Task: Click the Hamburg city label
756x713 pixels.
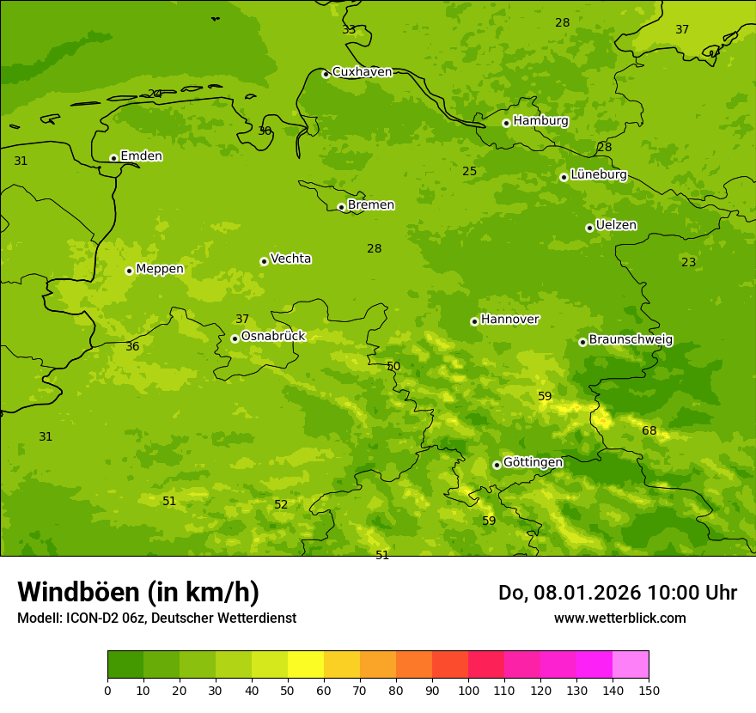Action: pyautogui.click(x=540, y=121)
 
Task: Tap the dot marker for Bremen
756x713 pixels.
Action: pyautogui.click(x=341, y=207)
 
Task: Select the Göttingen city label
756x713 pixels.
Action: pyautogui.click(x=533, y=463)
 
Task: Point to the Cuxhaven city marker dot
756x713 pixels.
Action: pyautogui.click(x=326, y=74)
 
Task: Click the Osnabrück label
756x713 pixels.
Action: pyautogui.click(x=272, y=337)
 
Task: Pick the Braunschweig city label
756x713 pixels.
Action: pyautogui.click(x=631, y=340)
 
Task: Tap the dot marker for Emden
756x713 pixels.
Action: pyautogui.click(x=113, y=158)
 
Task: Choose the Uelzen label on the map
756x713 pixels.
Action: pyautogui.click(x=616, y=226)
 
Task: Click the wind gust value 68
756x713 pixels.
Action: pyautogui.click(x=649, y=431)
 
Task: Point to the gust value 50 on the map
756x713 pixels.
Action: pyautogui.click(x=393, y=367)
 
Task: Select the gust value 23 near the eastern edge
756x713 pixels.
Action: pyautogui.click(x=689, y=263)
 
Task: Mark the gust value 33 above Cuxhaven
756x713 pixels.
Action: pyautogui.click(x=349, y=30)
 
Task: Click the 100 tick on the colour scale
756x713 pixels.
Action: pyautogui.click(x=468, y=690)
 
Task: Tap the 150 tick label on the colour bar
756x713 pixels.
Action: pyautogui.click(x=649, y=690)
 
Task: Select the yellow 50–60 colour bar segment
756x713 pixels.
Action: pyautogui.click(x=306, y=665)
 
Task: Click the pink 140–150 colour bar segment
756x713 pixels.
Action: pyautogui.click(x=631, y=665)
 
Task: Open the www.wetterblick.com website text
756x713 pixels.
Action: pyautogui.click(x=619, y=619)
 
